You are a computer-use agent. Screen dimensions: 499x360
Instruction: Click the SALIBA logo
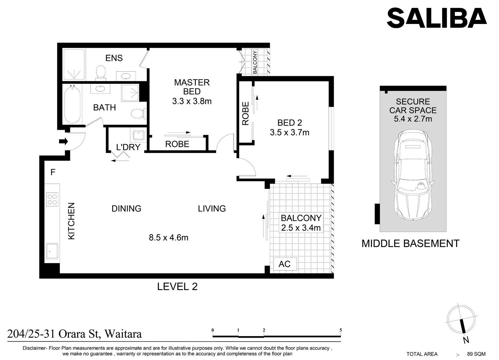437,18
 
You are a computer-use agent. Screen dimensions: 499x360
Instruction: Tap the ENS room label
114,58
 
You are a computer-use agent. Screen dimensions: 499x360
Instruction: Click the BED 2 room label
290,123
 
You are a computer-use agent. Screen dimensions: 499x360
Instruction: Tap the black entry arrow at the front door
64,141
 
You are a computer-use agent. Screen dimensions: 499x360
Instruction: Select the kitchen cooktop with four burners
52,199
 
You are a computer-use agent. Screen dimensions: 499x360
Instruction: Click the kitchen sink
52,251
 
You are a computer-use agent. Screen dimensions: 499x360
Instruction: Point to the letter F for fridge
53,172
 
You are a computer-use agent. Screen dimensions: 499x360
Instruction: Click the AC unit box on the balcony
285,264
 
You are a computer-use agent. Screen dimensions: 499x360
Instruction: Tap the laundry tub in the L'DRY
139,135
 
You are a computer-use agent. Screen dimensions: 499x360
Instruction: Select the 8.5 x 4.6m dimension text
169,238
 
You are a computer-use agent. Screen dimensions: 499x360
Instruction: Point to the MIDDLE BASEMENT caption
410,244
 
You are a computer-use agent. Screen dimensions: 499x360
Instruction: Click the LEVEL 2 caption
177,286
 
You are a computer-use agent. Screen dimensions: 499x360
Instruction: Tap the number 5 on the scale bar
341,330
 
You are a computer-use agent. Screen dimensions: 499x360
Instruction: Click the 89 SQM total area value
476,354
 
